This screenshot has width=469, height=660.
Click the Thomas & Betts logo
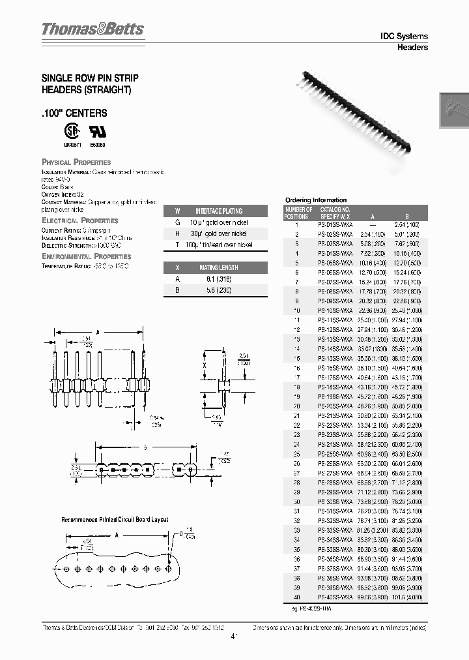pos(92,29)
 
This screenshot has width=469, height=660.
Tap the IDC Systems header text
pos(403,37)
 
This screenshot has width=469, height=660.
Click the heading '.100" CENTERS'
pos(74,113)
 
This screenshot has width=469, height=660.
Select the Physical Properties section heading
pos(76,162)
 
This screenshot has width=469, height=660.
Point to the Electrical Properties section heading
pos(79,220)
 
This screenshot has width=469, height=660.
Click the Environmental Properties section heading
pos(86,256)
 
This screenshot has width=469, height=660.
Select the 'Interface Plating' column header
pos(218,211)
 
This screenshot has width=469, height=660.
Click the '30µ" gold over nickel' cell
pos(218,233)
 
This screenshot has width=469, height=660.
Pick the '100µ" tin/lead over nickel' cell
pos(218,245)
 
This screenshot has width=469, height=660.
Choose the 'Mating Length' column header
pos(218,267)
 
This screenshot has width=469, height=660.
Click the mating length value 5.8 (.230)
pos(218,290)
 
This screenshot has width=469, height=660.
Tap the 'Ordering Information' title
pos(316,200)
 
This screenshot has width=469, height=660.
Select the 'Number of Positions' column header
pos(298,212)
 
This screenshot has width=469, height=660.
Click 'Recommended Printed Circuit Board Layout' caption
pos(115,519)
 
